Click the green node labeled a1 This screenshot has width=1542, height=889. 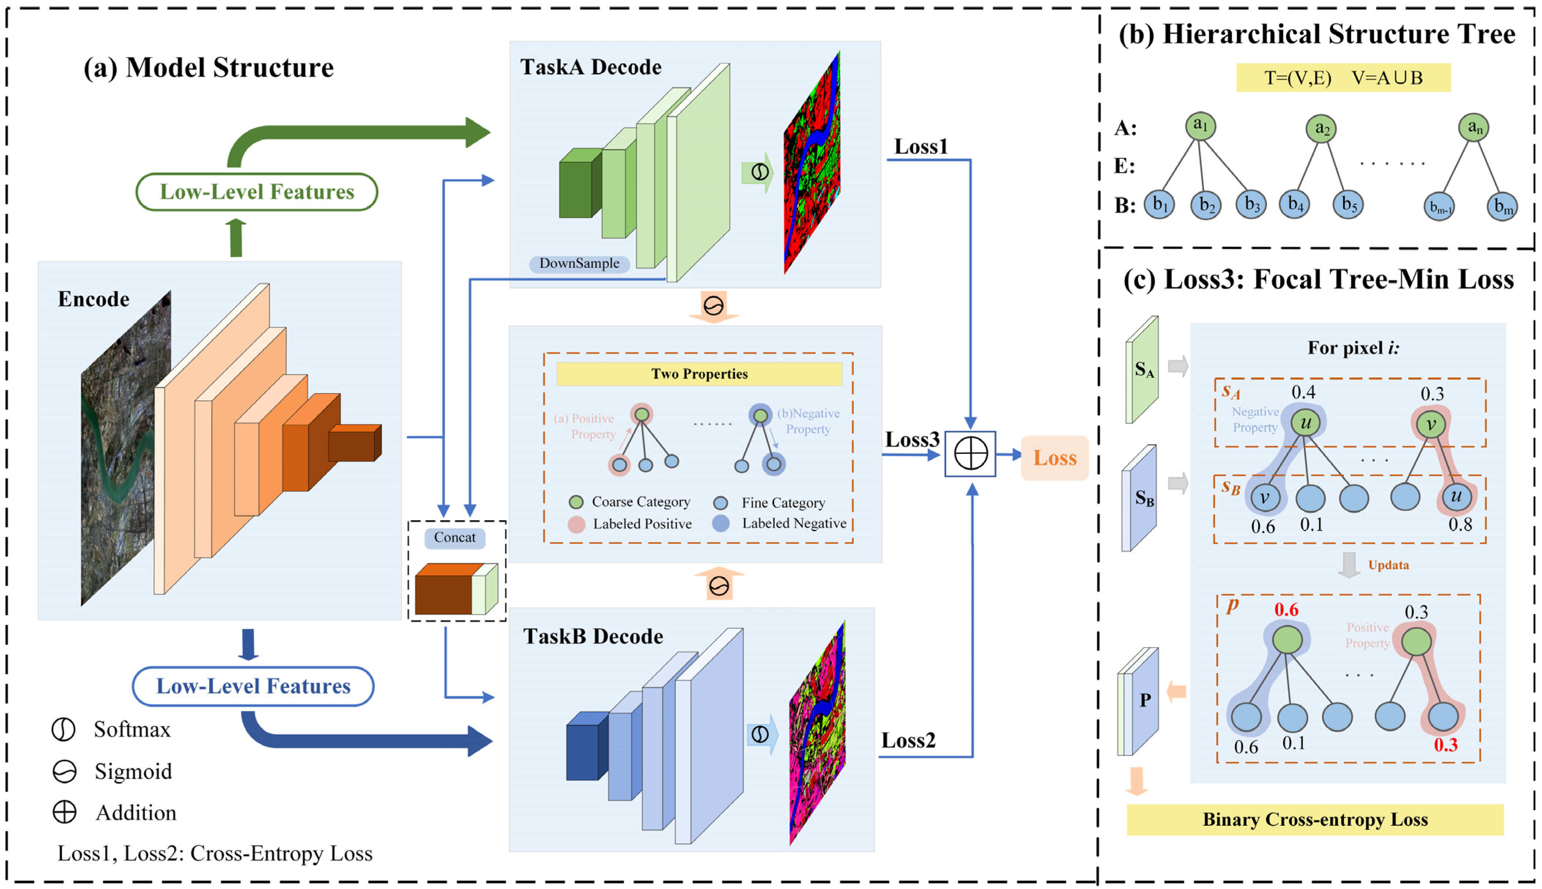pyautogui.click(x=1200, y=126)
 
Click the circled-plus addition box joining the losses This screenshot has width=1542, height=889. pyautogui.click(x=970, y=454)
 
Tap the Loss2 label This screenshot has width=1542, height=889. pyautogui.click(x=908, y=741)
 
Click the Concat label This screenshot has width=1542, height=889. pyautogui.click(x=454, y=537)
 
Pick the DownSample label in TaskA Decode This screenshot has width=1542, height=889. pyautogui.click(x=579, y=263)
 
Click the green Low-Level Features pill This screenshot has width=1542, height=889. pyautogui.click(x=256, y=192)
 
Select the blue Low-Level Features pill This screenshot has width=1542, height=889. pyautogui.click(x=253, y=686)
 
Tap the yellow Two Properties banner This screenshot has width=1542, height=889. pyautogui.click(x=699, y=374)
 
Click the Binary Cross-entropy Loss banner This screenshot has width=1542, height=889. pyautogui.click(x=1315, y=819)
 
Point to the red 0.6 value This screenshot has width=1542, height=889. pyautogui.click(x=1286, y=610)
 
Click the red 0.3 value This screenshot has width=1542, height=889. pyautogui.click(x=1445, y=745)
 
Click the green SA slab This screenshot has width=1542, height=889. pyautogui.click(x=1142, y=369)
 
